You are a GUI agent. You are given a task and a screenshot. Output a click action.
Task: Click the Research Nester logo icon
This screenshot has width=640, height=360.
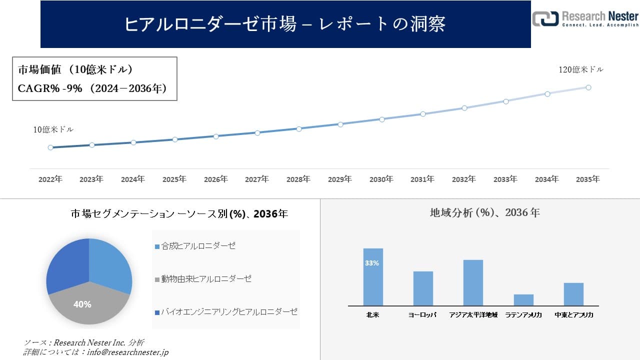545,19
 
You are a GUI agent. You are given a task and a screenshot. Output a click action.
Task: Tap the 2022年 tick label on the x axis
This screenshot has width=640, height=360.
50,179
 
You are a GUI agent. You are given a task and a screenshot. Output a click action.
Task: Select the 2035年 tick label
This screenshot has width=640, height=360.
588,179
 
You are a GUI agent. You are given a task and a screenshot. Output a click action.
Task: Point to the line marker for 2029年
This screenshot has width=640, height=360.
340,124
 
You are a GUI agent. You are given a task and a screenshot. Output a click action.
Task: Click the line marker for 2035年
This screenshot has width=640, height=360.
588,87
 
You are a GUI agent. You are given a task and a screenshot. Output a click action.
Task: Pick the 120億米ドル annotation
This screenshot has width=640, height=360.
580,70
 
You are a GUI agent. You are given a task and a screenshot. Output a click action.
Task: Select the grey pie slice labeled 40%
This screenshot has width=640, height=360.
85,305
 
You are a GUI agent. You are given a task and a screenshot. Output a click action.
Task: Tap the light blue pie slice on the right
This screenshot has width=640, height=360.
111,265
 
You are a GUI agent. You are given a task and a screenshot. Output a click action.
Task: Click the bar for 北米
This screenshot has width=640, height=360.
373,277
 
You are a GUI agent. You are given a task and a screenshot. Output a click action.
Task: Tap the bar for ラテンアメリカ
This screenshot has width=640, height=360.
523,300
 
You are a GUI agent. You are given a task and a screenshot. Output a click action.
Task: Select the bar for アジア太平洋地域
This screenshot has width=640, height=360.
473,283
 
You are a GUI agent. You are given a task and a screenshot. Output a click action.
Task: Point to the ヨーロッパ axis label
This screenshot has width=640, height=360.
422,315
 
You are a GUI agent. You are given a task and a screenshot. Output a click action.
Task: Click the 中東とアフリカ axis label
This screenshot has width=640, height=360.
574,315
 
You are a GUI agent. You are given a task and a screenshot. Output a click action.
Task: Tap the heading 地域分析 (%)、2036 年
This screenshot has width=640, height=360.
484,213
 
